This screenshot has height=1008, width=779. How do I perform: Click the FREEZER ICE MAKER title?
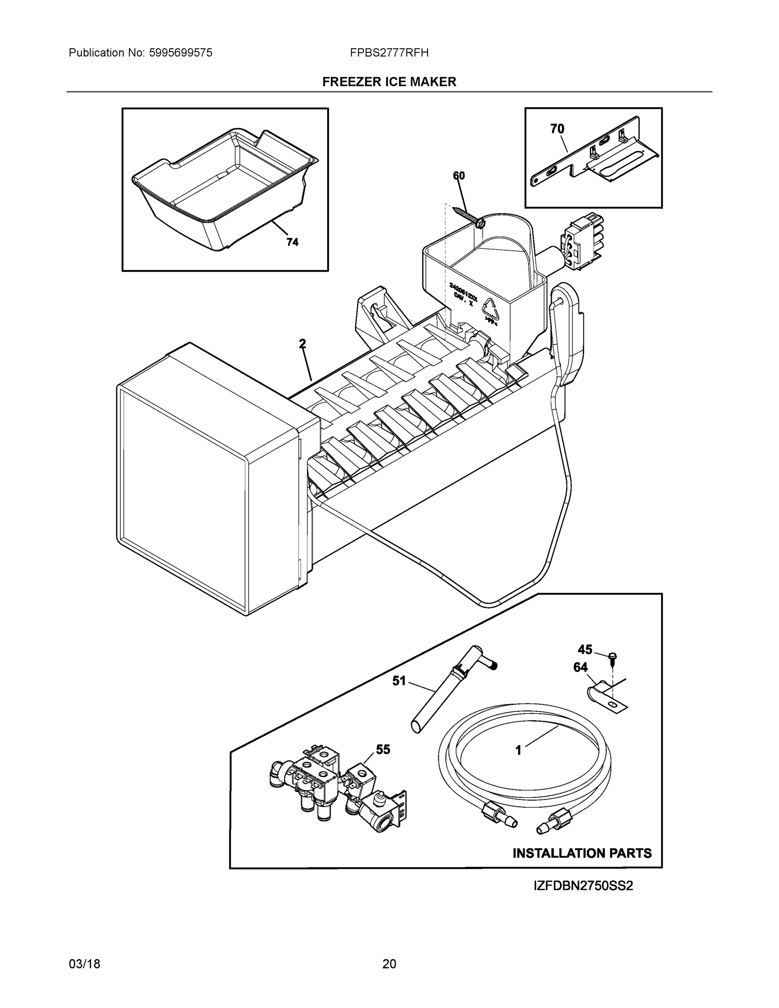[389, 82]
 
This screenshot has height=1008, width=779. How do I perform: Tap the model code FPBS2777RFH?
[389, 52]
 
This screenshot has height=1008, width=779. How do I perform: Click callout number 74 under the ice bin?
[292, 242]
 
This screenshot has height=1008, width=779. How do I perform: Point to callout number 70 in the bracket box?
[557, 129]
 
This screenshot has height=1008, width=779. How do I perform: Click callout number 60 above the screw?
[459, 176]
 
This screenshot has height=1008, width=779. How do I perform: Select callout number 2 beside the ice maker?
[302, 344]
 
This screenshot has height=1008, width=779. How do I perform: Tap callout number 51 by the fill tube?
[399, 680]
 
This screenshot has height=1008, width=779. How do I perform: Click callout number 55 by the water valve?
[383, 750]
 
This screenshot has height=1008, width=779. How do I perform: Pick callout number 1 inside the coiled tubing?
[518, 751]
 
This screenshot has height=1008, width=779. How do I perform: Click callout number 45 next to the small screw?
[585, 649]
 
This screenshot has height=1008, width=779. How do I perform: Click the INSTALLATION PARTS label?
[582, 853]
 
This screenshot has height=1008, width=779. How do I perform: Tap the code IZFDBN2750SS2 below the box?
[583, 886]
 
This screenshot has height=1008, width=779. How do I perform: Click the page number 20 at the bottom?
[389, 964]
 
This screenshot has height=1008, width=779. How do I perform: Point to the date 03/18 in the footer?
[84, 964]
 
